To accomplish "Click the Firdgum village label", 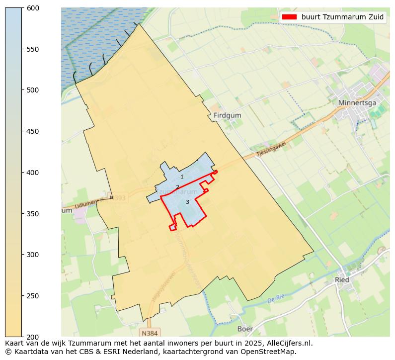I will pyautogui.click(x=227, y=115).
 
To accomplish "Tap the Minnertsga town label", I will pyautogui.click(x=357, y=103).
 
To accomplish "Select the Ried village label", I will pyautogui.click(x=342, y=279).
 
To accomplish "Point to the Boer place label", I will pyautogui.click(x=245, y=329).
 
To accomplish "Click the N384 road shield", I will pyautogui.click(x=150, y=332).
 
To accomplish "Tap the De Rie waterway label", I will pyautogui.click(x=275, y=300).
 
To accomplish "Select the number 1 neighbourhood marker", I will pyautogui.click(x=182, y=177).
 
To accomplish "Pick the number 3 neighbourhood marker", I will pyautogui.click(x=187, y=202).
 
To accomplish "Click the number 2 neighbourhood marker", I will pyautogui.click(x=177, y=187).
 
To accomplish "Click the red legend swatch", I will pyautogui.click(x=289, y=17).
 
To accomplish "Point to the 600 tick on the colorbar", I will pyautogui.click(x=33, y=8).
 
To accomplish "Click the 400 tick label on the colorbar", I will pyautogui.click(x=33, y=173).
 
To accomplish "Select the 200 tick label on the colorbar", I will pyautogui.click(x=33, y=337).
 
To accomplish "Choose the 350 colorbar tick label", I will pyautogui.click(x=33, y=214).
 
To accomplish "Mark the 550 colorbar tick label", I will pyautogui.click(x=33, y=49).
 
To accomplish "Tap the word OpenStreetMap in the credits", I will pyautogui.click(x=272, y=352).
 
